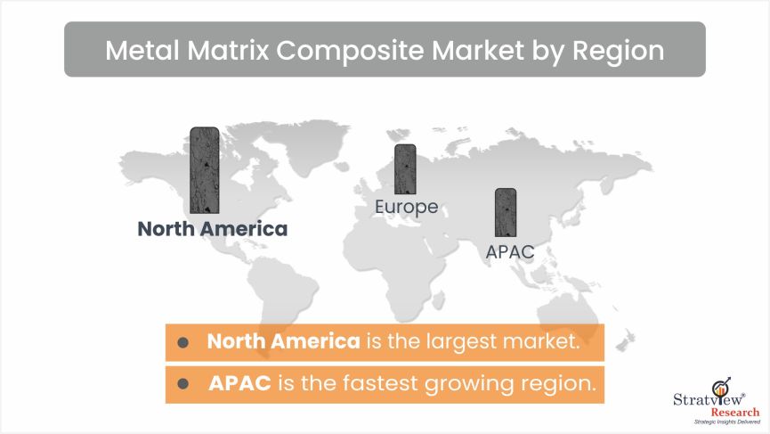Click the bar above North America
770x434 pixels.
[x=204, y=170]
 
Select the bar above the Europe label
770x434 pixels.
[x=405, y=169]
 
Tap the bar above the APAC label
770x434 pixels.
[x=506, y=212]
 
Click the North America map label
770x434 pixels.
[x=212, y=229]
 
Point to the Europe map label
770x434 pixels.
[x=406, y=207]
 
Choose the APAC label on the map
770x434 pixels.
[x=510, y=251]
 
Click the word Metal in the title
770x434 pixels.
[x=142, y=50]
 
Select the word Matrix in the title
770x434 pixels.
[x=229, y=50]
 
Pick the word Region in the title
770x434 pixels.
[x=619, y=51]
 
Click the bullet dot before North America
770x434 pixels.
[x=182, y=342]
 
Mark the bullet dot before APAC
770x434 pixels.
[x=182, y=383]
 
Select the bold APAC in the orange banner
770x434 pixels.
[x=239, y=383]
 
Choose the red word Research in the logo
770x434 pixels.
[x=735, y=412]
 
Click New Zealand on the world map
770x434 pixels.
[x=625, y=340]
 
